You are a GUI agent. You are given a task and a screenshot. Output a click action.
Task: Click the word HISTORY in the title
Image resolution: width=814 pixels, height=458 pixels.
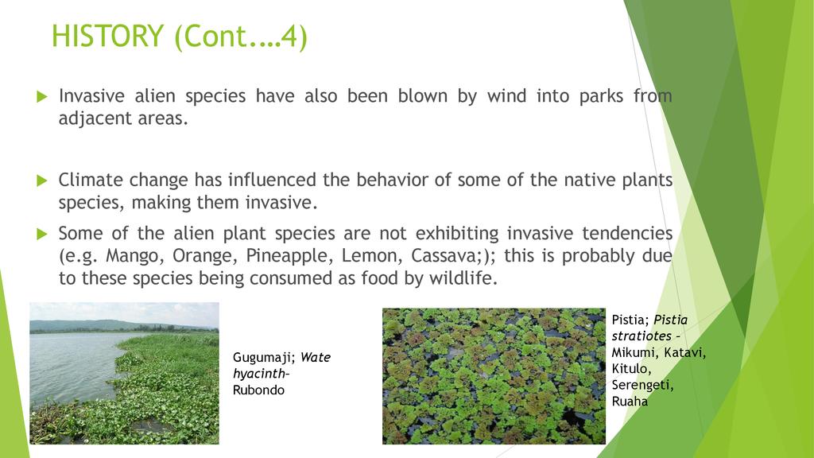[108, 36]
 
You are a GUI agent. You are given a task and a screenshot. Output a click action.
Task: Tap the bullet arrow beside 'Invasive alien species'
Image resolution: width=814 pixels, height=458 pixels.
[42, 96]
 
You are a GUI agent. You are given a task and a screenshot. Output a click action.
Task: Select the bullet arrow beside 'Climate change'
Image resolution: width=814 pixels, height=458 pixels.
[42, 180]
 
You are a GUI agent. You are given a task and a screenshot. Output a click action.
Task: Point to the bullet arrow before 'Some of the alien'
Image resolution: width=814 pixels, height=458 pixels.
[42, 234]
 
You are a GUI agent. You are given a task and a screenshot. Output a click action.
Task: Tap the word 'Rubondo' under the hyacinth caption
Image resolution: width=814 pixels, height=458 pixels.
[258, 390]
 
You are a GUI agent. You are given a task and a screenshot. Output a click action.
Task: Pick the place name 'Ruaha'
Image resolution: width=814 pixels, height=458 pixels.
[630, 402]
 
